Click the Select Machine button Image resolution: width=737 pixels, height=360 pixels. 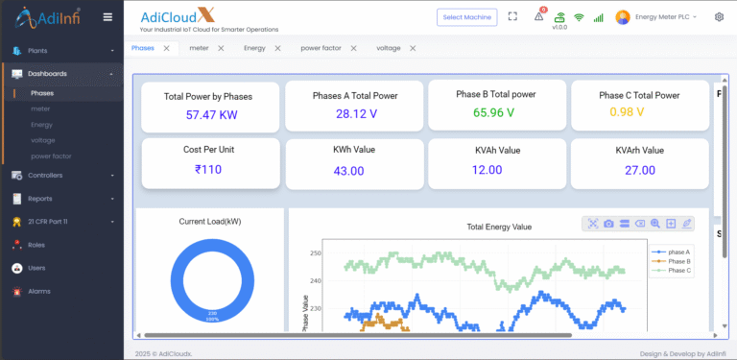pyautogui.click(x=468, y=17)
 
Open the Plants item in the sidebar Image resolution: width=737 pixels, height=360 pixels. pyautogui.click(x=38, y=50)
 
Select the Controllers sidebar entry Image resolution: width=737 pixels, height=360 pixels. pyautogui.click(x=45, y=176)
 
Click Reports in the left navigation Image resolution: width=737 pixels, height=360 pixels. pyautogui.click(x=40, y=199)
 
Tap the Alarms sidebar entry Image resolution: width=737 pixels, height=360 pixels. pyautogui.click(x=38, y=291)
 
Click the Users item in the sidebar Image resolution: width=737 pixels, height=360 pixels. pyautogui.click(x=36, y=268)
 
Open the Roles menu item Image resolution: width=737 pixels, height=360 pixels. pyautogui.click(x=36, y=245)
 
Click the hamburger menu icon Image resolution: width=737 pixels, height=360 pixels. pyautogui.click(x=107, y=17)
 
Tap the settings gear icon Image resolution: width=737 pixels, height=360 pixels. pyautogui.click(x=719, y=17)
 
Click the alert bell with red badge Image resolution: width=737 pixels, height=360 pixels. pyautogui.click(x=539, y=16)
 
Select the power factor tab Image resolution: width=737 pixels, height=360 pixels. pyautogui.click(x=320, y=48)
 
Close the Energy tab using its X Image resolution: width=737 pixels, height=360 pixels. pyautogui.click(x=278, y=48)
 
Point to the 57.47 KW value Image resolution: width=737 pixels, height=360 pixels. pyautogui.click(x=211, y=114)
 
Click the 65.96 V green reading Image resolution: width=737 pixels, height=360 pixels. pyautogui.click(x=494, y=112)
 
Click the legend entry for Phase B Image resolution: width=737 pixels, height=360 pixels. pyautogui.click(x=678, y=261)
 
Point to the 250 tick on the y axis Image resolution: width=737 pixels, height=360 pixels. pyautogui.click(x=316, y=253)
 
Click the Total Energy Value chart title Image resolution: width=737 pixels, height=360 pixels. pyautogui.click(x=498, y=227)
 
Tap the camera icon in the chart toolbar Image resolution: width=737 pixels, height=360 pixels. pyautogui.click(x=608, y=224)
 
